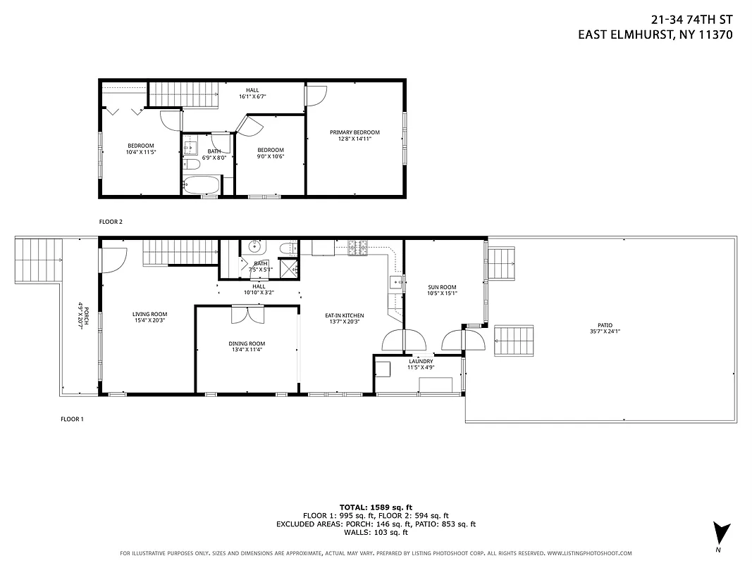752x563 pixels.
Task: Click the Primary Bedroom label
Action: click(355, 132)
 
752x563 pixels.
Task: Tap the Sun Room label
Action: click(442, 287)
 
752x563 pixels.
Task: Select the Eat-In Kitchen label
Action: click(344, 315)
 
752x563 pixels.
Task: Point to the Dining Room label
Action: click(247, 343)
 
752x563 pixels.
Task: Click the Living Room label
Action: click(149, 315)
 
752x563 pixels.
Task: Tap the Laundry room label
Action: click(420, 362)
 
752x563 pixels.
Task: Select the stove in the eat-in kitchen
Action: click(359, 247)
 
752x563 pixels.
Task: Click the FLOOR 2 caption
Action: click(111, 222)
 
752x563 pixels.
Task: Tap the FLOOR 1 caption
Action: click(72, 419)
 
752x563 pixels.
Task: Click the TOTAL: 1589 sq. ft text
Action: click(376, 507)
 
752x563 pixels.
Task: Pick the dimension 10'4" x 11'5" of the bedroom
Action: click(140, 152)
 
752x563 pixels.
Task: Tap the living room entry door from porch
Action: click(111, 260)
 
